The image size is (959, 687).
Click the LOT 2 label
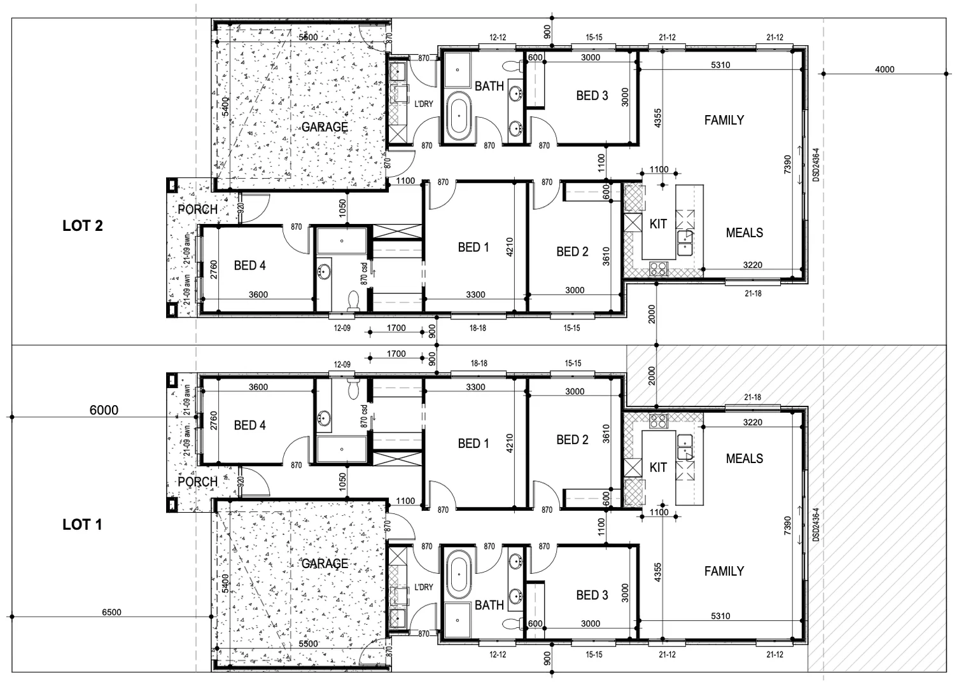[x=82, y=226]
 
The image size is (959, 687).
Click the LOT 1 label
[x=82, y=525]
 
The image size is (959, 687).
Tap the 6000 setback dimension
[x=104, y=410]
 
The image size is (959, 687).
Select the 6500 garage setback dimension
[x=111, y=613]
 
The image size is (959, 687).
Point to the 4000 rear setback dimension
[x=885, y=69]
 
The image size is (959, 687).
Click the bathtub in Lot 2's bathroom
[x=458, y=116]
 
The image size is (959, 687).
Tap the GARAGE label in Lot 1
[x=325, y=564]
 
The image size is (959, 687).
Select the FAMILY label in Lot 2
[x=724, y=120]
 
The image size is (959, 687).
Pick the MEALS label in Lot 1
[x=745, y=459]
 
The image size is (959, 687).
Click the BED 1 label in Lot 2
[x=473, y=247]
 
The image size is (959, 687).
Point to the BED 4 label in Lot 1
[x=249, y=425]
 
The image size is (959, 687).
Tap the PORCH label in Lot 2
[x=197, y=209]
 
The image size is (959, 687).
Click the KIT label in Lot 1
[x=658, y=468]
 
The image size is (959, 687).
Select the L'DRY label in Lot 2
[x=424, y=104]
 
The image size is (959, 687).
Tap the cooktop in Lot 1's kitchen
[x=657, y=420]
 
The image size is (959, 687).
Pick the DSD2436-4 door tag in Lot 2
[x=816, y=165]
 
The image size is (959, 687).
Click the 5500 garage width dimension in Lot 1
[x=308, y=644]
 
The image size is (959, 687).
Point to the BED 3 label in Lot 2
[x=592, y=96]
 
